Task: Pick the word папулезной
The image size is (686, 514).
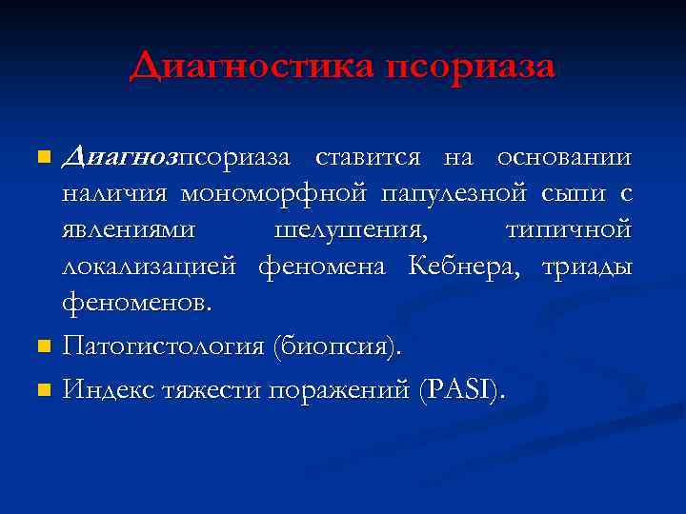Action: [x=454, y=194]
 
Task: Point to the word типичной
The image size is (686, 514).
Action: [x=566, y=231]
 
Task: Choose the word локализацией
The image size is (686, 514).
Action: [x=149, y=267]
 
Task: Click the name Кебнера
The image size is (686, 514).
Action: [x=463, y=267]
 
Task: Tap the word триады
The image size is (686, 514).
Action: [x=586, y=267]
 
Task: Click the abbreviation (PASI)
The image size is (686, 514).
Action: [x=463, y=389]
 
